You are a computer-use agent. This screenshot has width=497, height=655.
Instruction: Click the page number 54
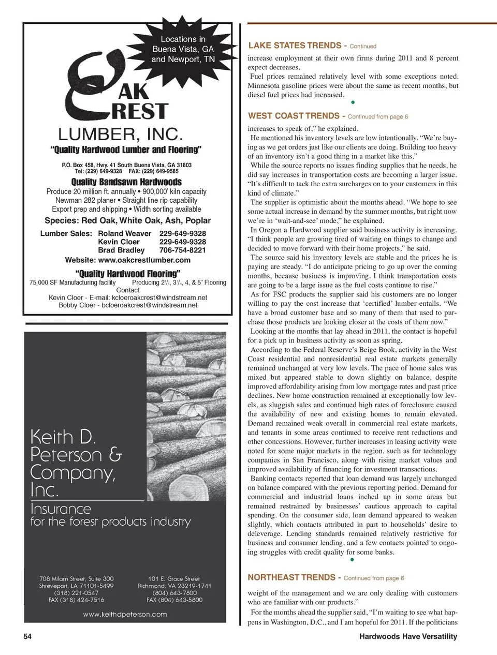pos(27,636)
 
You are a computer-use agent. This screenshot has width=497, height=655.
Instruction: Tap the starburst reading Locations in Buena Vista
pos(183,49)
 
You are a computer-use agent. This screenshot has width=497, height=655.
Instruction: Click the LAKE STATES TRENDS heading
pos(295,46)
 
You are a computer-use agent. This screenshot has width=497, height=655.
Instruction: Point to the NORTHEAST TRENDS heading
pos(291,577)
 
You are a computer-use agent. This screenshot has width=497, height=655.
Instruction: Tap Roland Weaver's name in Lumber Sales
pos(125,234)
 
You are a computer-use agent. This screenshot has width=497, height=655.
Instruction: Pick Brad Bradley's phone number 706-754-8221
pos(182,250)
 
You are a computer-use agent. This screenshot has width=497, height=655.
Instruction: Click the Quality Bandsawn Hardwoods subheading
pos(126,182)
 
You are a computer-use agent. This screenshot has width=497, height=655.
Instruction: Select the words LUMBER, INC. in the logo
pos(121,135)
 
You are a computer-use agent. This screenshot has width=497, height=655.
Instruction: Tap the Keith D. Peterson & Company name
pos(76,463)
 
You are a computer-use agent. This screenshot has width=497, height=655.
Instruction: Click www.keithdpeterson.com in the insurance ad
pos(125,615)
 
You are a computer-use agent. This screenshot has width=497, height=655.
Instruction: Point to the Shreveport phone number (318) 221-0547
pos(76,593)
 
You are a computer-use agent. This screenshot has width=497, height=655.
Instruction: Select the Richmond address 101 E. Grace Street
pos(174,579)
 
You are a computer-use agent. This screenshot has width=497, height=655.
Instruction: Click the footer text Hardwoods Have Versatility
pos(408,636)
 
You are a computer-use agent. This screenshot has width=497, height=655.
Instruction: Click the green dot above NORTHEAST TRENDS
pos(352,559)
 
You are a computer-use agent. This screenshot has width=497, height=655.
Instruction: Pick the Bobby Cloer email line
pos(128,305)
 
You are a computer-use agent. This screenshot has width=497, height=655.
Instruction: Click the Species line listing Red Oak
pos(127,220)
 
